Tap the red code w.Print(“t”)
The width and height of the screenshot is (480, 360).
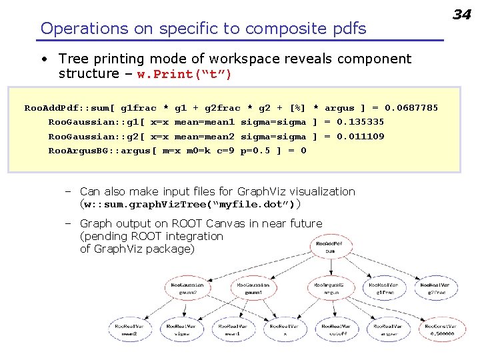(x=185, y=75)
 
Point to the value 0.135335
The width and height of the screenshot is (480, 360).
(x=361, y=122)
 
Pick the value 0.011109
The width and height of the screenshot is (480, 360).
(x=361, y=137)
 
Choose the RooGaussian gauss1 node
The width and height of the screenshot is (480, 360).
(x=253, y=288)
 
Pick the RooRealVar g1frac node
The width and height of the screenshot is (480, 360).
(x=383, y=288)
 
